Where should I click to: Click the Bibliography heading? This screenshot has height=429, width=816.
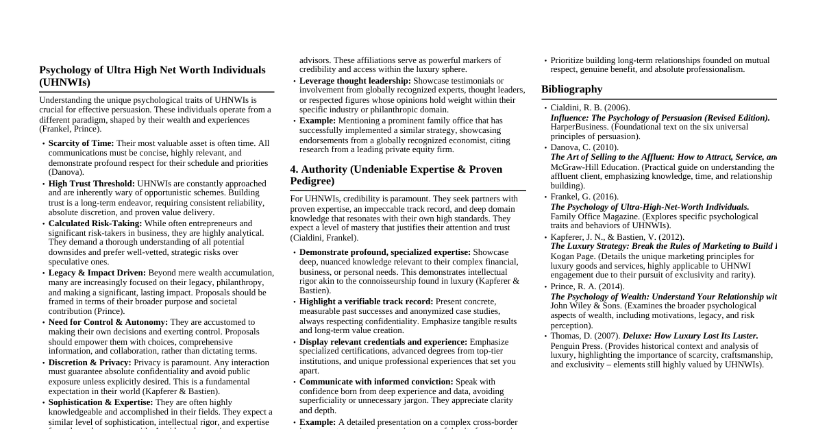coord(571,89)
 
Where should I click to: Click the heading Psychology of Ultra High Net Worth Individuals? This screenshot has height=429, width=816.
coord(152,76)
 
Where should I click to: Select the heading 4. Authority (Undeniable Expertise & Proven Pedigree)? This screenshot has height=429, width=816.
coord(396,175)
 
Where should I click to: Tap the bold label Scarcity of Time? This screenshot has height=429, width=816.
coord(81,143)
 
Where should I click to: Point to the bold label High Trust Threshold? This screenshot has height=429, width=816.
coord(91,184)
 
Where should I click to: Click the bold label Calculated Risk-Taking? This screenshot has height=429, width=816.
coord(95,223)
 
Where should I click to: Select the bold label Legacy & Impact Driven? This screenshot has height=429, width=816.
coord(97,273)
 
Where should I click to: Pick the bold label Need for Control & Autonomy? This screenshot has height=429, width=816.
coord(108,322)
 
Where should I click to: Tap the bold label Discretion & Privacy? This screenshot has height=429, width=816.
coord(89,363)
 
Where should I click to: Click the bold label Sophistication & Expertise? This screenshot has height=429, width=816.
coord(100,402)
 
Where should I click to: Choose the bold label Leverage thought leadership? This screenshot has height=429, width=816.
coord(355,81)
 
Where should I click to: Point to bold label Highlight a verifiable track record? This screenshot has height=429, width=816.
coord(366,302)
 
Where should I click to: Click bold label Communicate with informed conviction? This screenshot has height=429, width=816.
coord(376,382)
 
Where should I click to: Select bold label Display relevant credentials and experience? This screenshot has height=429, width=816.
coord(383,342)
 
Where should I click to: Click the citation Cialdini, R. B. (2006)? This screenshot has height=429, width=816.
coord(590,108)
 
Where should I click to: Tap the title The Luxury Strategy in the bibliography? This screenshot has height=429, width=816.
coord(663,246)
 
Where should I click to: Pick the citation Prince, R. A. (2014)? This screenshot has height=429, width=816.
coord(587,286)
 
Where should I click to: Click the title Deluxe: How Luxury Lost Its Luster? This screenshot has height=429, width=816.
coord(690,336)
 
